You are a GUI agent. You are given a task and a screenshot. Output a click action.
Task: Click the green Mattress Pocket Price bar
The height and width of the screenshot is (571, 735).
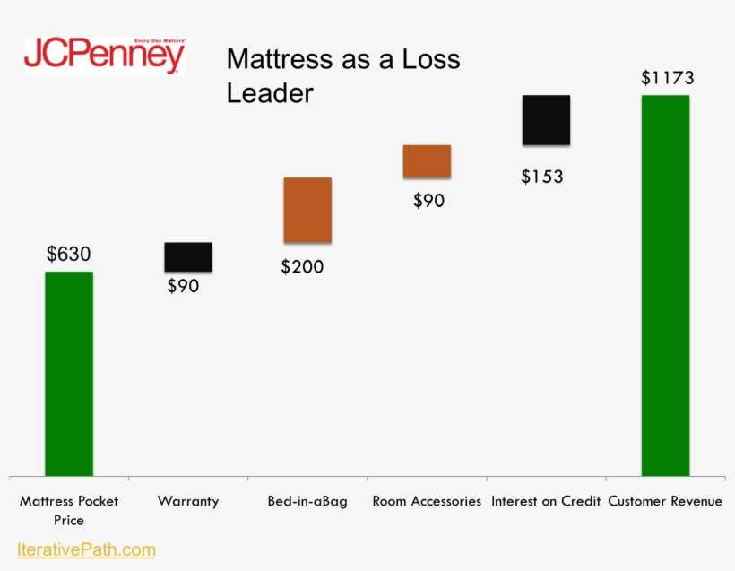pos(69,373)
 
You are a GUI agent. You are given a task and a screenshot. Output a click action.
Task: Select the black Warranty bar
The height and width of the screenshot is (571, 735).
pos(188,256)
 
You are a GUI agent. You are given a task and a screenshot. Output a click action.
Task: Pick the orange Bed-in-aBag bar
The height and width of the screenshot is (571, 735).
pos(307,210)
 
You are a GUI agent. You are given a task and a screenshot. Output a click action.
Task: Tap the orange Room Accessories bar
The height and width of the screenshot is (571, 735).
pos(427,161)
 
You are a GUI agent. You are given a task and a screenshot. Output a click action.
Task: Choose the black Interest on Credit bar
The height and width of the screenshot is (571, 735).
pos(546,119)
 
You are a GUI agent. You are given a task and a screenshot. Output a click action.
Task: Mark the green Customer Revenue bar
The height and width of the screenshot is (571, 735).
pos(665,285)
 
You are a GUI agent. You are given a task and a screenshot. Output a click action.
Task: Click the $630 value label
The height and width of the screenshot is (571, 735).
pos(69,255)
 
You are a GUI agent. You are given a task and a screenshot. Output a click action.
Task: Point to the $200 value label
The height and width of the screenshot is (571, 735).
pos(302,267)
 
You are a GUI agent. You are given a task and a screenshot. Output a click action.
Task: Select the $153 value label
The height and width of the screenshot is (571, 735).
pos(542,177)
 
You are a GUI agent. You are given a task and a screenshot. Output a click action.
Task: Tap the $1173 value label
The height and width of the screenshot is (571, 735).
pos(668,78)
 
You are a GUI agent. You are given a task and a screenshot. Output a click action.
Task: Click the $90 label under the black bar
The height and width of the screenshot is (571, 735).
pos(183,287)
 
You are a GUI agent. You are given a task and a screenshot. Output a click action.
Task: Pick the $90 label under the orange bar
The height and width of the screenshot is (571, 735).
pos(428,201)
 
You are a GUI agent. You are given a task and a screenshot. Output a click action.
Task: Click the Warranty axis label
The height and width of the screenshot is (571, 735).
pos(188,501)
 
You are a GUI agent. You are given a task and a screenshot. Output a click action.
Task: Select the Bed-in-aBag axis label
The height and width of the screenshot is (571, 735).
pos(307,501)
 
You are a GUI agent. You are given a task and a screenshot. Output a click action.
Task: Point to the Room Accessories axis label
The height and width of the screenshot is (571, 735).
pos(427,501)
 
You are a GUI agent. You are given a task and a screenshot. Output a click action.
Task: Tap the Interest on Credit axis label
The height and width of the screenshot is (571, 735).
pos(546,501)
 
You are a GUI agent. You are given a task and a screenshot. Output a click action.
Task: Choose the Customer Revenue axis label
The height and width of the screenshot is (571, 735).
pos(665,501)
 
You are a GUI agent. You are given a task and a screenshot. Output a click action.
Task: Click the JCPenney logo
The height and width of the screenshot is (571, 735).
pos(105,56)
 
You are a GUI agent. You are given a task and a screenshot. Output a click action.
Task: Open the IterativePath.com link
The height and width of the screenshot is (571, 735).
pos(86,549)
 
